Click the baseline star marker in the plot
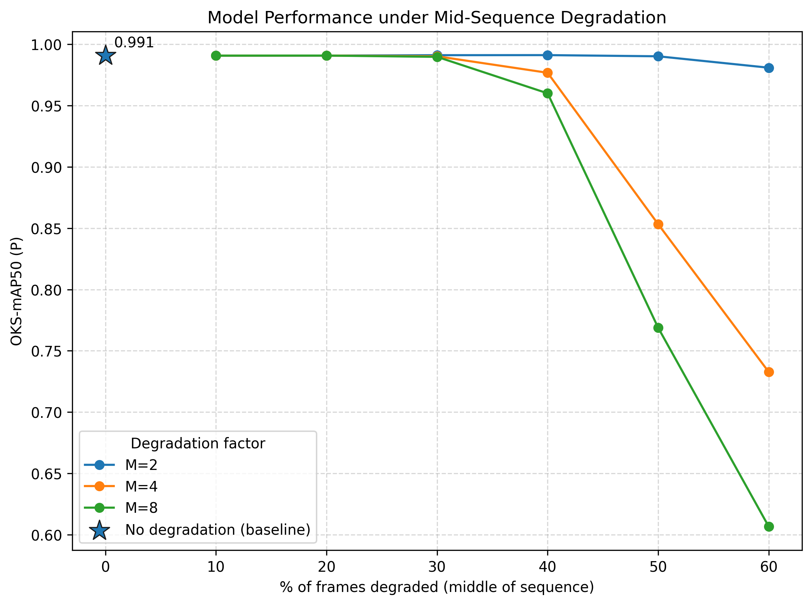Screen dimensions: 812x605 pyautogui.click(x=106, y=56)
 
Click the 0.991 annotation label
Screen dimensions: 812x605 pyautogui.click(x=134, y=43)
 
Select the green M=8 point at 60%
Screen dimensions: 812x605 pyautogui.click(x=769, y=527)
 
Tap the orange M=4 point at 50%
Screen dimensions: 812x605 pyautogui.click(x=658, y=225)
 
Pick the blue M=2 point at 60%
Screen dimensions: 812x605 pyautogui.click(x=769, y=68)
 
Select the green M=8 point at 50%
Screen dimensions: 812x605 pyautogui.click(x=658, y=328)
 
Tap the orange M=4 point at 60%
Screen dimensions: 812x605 pyautogui.click(x=769, y=372)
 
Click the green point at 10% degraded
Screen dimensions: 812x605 pyautogui.click(x=216, y=56)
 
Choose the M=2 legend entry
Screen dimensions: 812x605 pyautogui.click(x=121, y=465)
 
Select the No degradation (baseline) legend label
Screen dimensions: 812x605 pyautogui.click(x=218, y=530)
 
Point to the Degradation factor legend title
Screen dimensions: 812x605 pyautogui.click(x=198, y=444)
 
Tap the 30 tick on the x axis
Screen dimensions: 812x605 pyautogui.click(x=437, y=567)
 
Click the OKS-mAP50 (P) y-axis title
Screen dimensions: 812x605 pyautogui.click(x=17, y=291)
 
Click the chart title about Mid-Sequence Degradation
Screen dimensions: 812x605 pyautogui.click(x=437, y=17)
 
